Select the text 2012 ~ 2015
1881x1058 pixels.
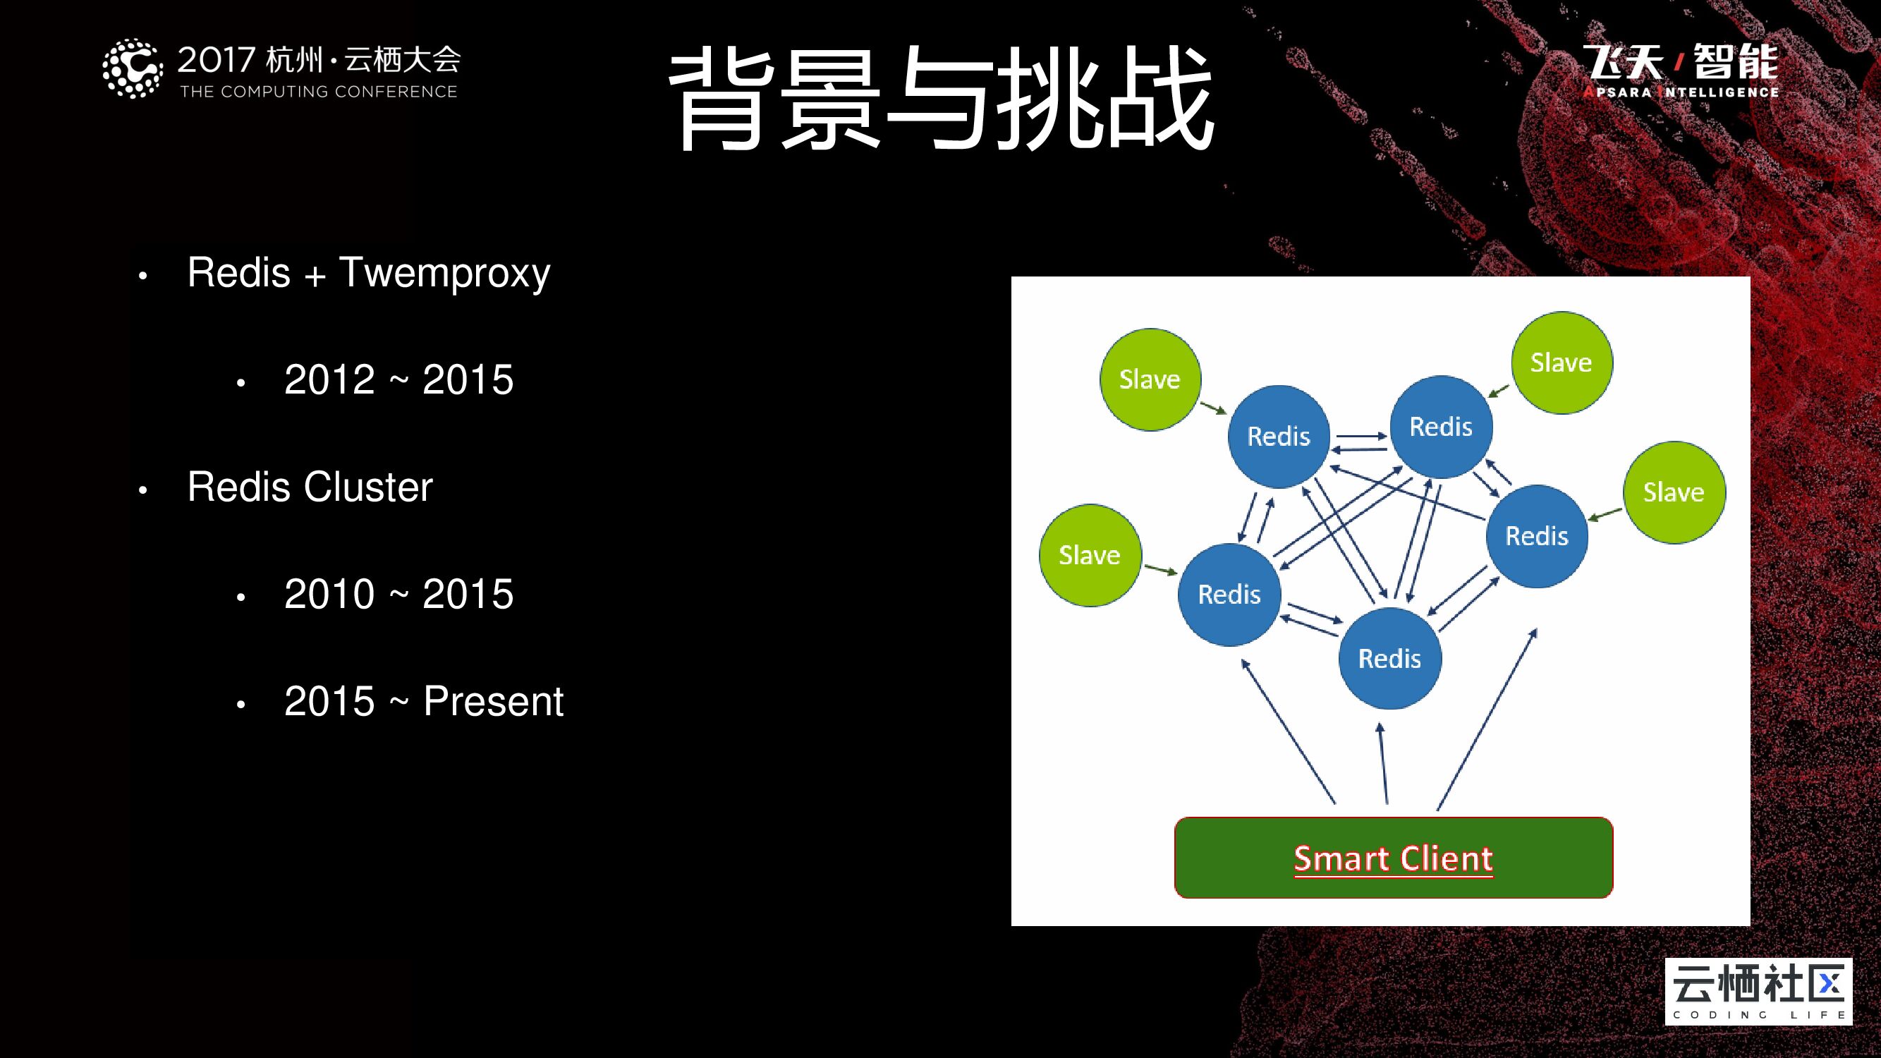click(x=398, y=379)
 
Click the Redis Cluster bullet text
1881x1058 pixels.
click(x=310, y=487)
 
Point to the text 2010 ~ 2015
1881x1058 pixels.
click(x=398, y=594)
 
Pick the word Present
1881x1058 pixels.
click(x=493, y=702)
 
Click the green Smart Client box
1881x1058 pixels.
click(x=1392, y=858)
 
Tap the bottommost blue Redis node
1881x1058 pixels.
click(x=1389, y=659)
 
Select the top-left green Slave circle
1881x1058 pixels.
click(x=1150, y=379)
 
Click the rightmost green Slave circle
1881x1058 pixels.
click(x=1673, y=492)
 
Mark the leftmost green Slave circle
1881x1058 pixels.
click(x=1090, y=555)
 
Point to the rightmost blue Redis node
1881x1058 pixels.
click(x=1536, y=536)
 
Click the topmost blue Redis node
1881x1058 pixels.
click(x=1440, y=427)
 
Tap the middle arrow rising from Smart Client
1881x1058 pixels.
click(x=1383, y=763)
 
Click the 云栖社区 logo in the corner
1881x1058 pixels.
click(x=1758, y=991)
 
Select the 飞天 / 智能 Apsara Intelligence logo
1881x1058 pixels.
click(x=1680, y=71)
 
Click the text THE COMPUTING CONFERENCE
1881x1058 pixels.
click(x=318, y=92)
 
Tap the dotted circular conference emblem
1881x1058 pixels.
click(x=132, y=68)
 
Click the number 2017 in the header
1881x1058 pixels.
click(x=216, y=60)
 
